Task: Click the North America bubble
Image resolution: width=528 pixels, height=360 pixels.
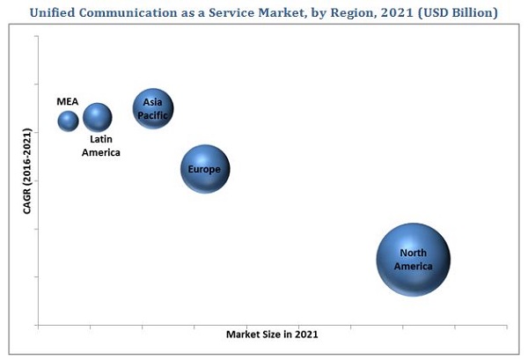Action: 413,259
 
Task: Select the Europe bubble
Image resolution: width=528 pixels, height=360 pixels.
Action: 205,169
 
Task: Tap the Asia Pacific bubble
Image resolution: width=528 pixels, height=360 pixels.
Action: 153,109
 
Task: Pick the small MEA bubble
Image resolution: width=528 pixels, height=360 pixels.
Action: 68,121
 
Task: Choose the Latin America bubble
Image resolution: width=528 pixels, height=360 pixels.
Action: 98,117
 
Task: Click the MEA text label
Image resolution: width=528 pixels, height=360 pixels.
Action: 68,101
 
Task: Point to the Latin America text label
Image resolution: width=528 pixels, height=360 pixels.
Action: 101,145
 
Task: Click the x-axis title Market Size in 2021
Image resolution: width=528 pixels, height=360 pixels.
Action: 272,334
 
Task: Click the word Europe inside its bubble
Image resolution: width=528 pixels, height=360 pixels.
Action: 205,169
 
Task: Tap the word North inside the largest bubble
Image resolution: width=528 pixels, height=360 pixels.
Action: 413,253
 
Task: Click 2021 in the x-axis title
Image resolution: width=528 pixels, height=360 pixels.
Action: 305,334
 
